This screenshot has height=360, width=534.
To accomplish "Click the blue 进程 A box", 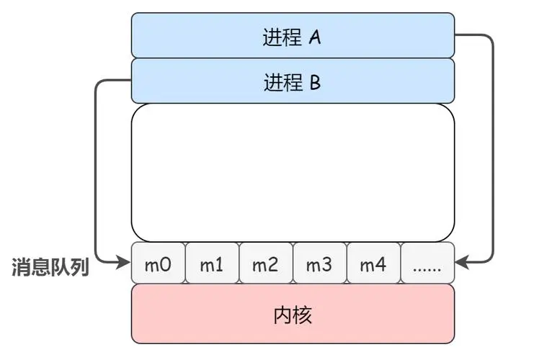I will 293,35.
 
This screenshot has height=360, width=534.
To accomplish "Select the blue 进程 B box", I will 293,81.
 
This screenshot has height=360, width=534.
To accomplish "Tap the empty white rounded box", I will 293,173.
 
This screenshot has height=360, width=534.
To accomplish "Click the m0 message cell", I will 159,264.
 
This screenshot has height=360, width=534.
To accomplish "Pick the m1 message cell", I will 212,264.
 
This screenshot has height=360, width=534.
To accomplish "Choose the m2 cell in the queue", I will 265,264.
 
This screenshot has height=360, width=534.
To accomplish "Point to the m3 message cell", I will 319,264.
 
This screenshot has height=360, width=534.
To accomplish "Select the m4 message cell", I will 373,264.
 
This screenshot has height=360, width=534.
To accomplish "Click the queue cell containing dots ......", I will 427,264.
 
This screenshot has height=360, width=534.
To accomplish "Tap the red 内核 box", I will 293,314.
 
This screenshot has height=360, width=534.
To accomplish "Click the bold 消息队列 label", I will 50,267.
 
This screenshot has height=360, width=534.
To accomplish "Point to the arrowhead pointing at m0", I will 123,264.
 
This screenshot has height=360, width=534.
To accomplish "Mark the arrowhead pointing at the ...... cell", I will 463,264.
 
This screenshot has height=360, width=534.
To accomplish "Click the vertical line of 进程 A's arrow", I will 494,151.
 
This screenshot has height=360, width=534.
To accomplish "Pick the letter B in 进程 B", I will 315,82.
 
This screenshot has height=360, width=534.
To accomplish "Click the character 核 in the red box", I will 303,315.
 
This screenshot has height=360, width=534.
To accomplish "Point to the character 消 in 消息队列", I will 22,267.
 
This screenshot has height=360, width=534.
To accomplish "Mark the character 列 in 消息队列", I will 79,267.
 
